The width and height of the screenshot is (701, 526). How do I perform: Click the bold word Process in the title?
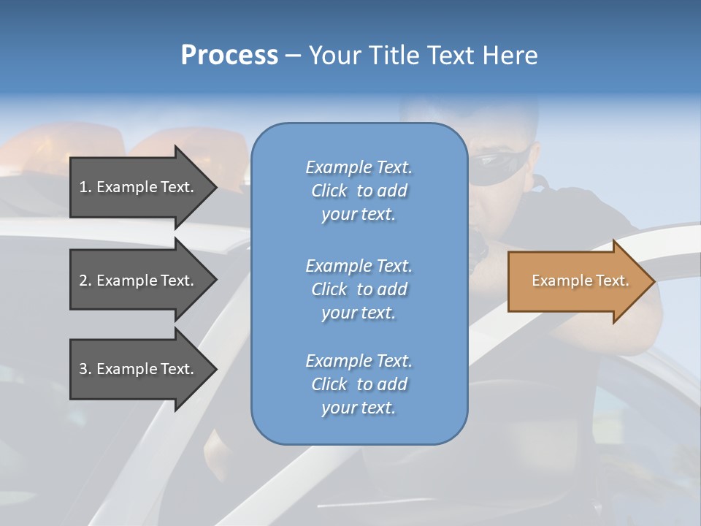(229, 56)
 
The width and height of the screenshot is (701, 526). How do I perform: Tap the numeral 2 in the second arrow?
(83, 281)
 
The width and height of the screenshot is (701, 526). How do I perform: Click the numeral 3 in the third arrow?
(83, 369)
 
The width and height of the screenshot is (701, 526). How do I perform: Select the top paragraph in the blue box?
(359, 191)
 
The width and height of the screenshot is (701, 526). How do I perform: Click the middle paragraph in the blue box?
(359, 289)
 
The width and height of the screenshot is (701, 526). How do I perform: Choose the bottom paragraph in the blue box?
(359, 384)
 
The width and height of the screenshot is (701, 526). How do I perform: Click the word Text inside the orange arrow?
(613, 281)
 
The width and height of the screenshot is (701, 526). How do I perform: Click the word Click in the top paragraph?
(329, 191)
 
